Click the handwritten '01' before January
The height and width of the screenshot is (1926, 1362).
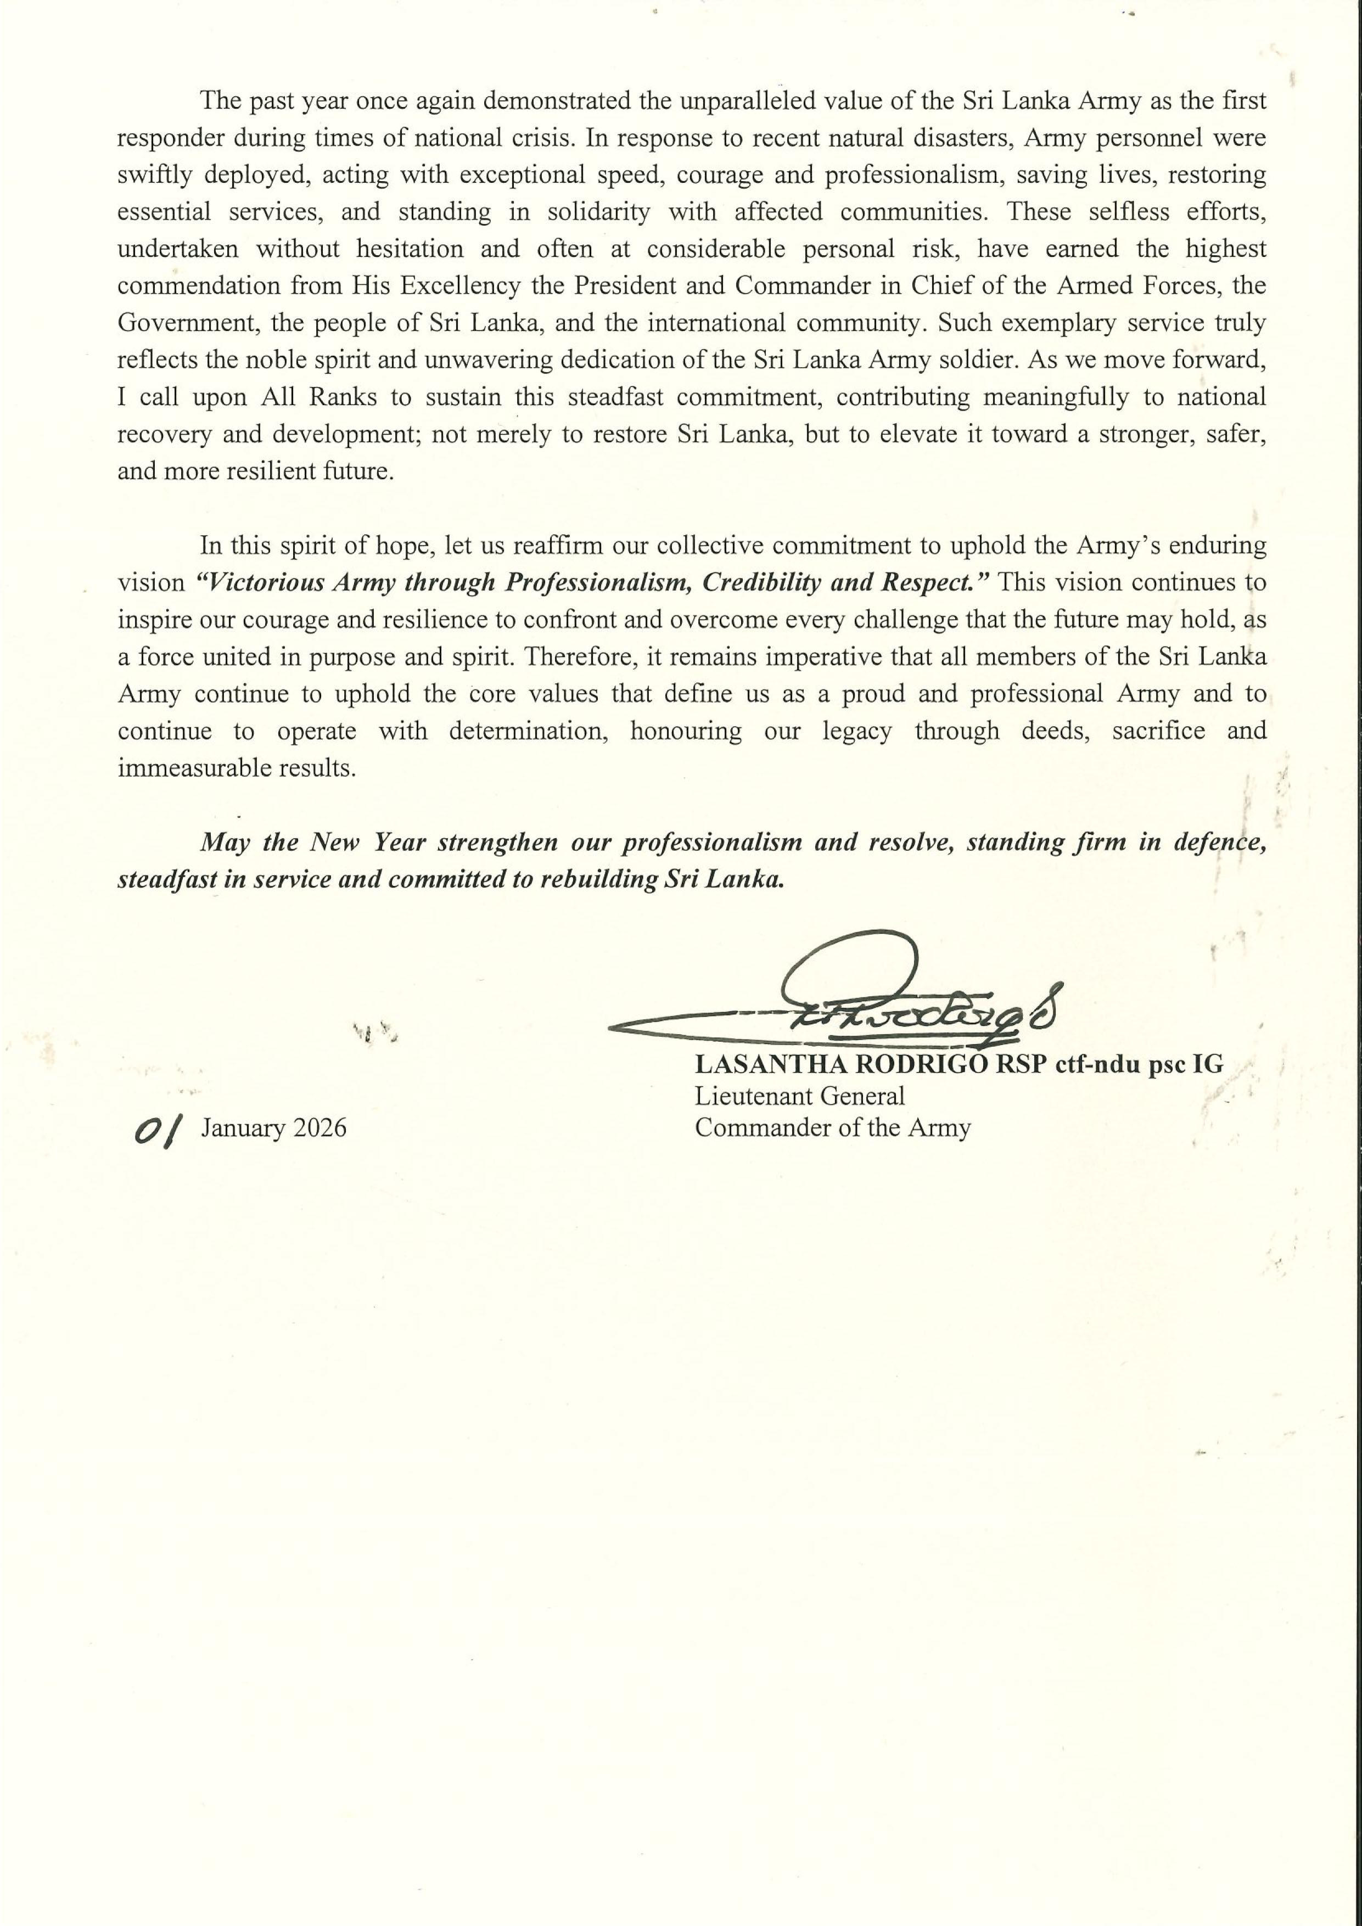(x=158, y=1129)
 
